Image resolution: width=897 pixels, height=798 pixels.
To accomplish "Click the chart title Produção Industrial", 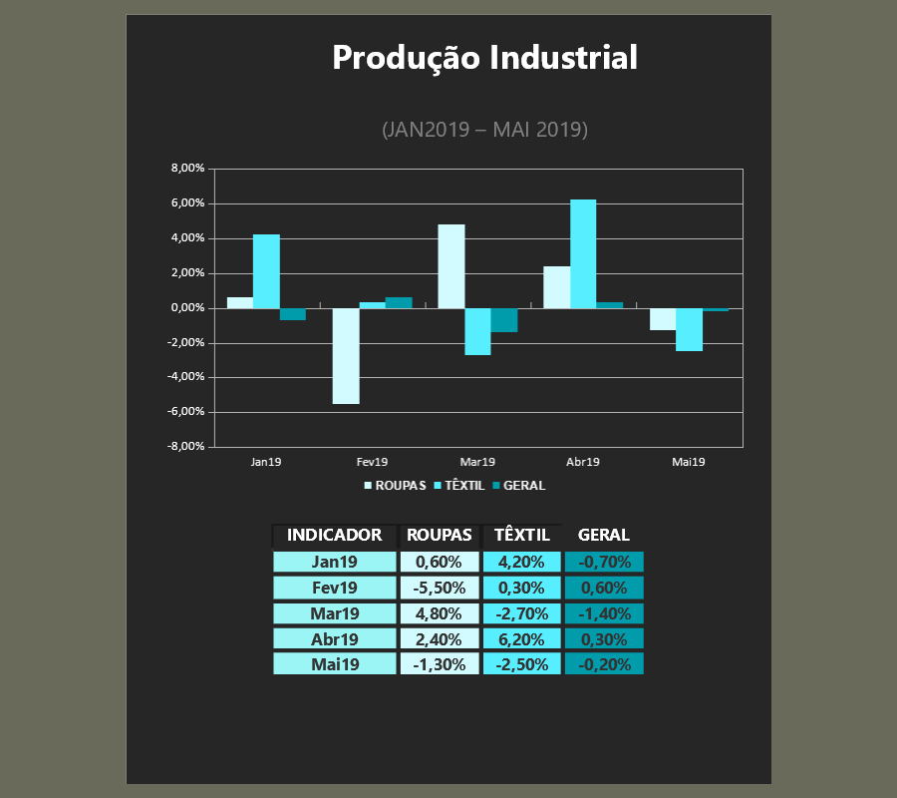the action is pos(484,58).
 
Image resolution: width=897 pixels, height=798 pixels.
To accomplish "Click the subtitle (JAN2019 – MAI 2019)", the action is pos(484,130).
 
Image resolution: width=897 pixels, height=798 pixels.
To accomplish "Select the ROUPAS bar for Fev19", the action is pos(346,356).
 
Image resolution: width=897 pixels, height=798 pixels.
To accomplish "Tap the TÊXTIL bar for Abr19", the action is pos(583,254).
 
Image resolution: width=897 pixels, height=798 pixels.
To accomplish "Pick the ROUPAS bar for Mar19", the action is pos(451,266).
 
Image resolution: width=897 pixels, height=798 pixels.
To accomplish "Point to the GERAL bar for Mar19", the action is pos(504,320).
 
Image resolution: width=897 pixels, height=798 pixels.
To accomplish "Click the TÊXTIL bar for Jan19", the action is pos(266,271).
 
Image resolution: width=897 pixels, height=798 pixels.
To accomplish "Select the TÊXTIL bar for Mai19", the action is pos(689,330).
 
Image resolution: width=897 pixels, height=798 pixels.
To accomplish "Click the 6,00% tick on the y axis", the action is pos(187,203).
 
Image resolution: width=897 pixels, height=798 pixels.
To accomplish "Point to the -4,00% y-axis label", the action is pos(186,377).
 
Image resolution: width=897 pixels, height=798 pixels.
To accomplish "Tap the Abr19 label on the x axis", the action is pos(583,462).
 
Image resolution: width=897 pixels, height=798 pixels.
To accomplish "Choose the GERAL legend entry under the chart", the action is pos(519,486).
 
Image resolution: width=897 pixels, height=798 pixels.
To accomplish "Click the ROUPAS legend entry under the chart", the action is pos(396,486).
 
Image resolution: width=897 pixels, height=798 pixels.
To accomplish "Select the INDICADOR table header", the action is pos(334,536).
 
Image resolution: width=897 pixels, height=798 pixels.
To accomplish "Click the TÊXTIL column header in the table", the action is pos(521,536).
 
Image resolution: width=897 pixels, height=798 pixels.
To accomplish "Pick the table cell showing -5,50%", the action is pos(440,588).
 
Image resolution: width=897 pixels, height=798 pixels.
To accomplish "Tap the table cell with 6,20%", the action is pos(521,638).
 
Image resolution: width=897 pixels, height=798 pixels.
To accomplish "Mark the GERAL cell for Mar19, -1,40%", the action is pos(604,613).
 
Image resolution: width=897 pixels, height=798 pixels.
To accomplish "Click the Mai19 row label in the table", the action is pos(335,664).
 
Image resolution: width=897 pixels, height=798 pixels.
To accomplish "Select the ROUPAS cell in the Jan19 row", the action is pos(440,563).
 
